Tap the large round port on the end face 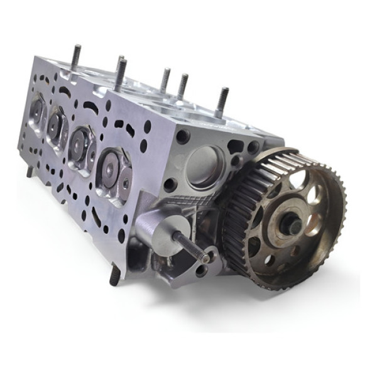[205, 167]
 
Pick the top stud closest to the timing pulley [222, 102]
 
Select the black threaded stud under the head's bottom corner [115, 275]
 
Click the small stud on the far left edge [30, 172]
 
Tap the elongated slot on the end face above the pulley [237, 147]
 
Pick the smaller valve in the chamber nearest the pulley [124, 182]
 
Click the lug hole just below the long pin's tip [202, 271]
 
